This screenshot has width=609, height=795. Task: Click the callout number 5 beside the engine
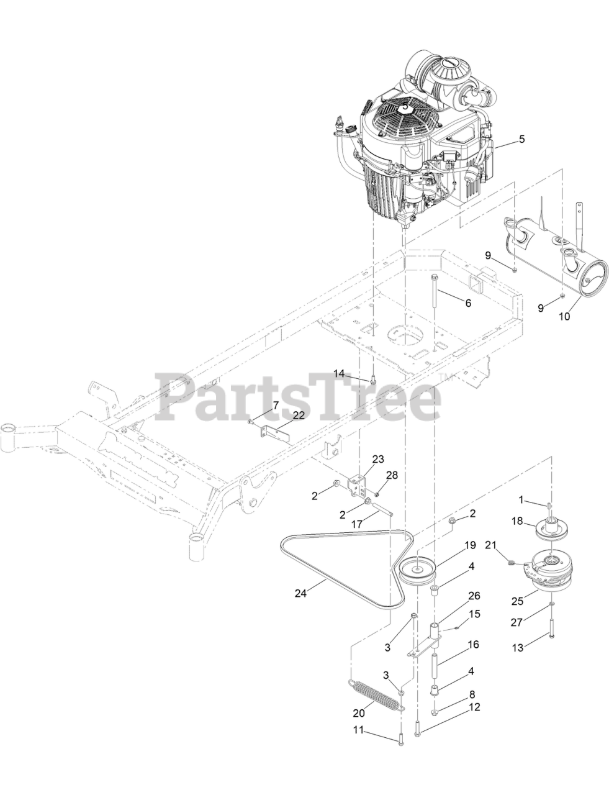tap(521, 139)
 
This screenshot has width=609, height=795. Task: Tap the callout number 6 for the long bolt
tap(468, 303)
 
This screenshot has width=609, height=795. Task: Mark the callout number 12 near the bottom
tap(474, 707)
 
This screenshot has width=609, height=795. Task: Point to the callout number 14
tap(339, 373)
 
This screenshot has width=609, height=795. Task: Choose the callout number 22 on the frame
tap(299, 414)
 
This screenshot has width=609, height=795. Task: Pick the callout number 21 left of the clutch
tap(490, 545)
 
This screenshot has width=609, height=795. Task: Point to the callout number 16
tap(473, 645)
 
